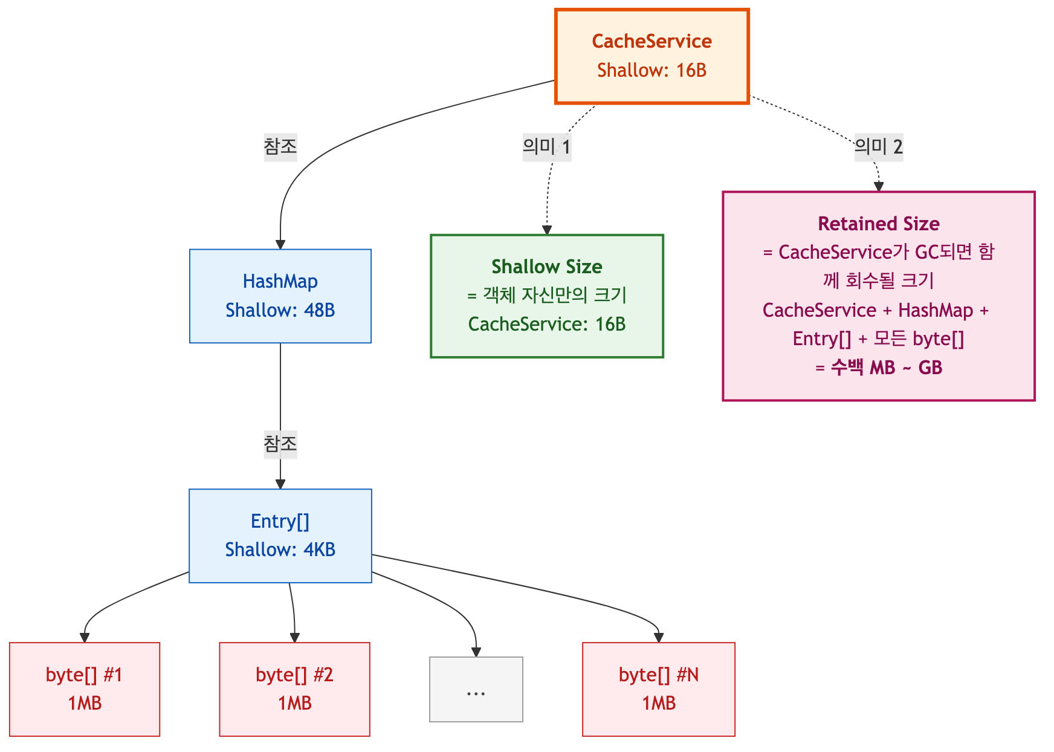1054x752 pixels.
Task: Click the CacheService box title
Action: click(x=651, y=41)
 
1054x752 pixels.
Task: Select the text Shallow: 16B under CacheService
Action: click(x=651, y=70)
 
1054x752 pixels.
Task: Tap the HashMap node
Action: click(x=280, y=296)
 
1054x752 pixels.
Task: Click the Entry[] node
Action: click(x=280, y=536)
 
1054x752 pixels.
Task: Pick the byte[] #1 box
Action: click(x=85, y=689)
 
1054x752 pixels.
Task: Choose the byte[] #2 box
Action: click(x=295, y=689)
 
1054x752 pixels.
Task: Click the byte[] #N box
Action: click(x=659, y=689)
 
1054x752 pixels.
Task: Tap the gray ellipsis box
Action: click(x=476, y=689)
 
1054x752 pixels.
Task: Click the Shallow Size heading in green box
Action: click(x=547, y=267)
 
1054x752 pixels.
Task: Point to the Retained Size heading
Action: click(x=879, y=224)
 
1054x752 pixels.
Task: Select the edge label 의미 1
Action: click(x=547, y=146)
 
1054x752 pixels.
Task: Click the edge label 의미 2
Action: click(x=879, y=146)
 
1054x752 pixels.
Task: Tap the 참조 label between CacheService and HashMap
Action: click(x=280, y=146)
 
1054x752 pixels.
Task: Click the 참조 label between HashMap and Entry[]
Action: click(x=280, y=444)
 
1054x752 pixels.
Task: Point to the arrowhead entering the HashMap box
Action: click(x=280, y=245)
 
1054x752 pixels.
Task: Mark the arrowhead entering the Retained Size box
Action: click(x=879, y=187)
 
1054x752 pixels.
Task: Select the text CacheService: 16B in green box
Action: click(x=547, y=324)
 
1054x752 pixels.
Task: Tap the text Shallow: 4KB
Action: click(x=280, y=549)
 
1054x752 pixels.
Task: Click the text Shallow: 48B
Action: click(x=280, y=310)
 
